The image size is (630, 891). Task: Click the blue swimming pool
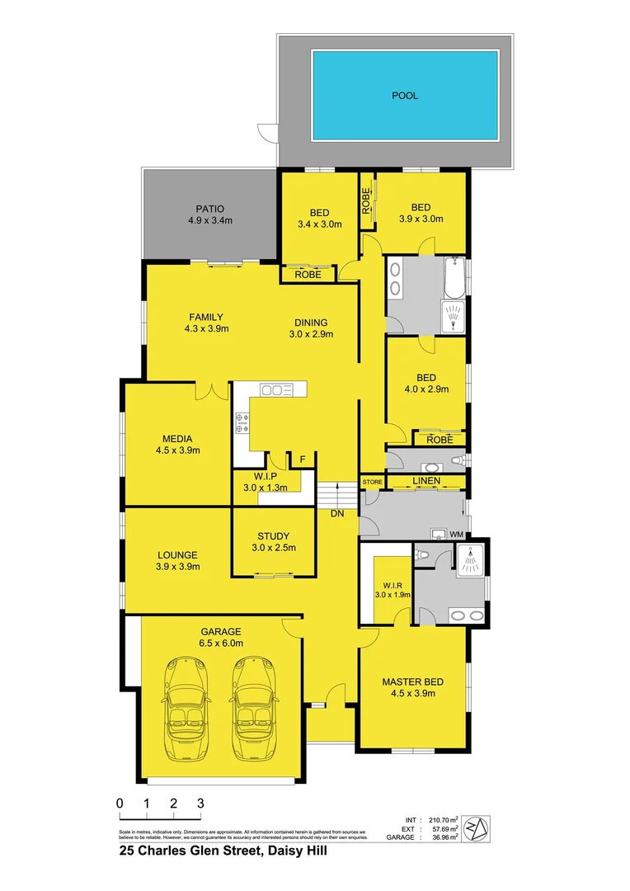[x=404, y=95]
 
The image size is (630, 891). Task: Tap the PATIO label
[x=210, y=209]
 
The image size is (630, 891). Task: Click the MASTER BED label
[x=412, y=681]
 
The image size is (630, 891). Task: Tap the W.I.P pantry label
[x=260, y=476]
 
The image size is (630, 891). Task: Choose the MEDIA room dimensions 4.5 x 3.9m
[x=178, y=450]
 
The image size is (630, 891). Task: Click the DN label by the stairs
[x=337, y=513]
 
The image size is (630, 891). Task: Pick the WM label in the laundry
[x=457, y=535]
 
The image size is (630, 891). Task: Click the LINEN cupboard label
[x=426, y=481]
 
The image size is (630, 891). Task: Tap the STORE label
[x=372, y=481]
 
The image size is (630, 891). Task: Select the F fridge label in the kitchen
[x=303, y=459]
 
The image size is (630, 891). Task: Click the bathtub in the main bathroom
[x=454, y=279]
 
